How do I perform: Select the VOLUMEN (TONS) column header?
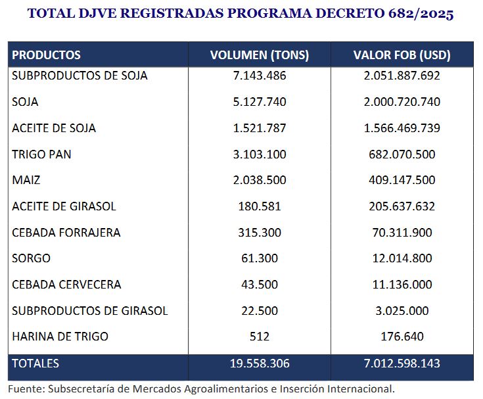[260, 55]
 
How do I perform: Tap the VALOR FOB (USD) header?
[402, 55]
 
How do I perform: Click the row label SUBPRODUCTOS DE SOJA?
[80, 76]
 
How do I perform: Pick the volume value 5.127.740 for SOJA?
[260, 102]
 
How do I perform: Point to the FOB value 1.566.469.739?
[402, 128]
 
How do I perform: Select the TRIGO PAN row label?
[41, 154]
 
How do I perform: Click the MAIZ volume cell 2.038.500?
[260, 180]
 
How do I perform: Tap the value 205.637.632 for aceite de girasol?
[402, 206]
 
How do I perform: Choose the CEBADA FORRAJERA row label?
[66, 233]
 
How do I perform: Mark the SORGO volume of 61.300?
[260, 258]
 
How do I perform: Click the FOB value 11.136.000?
[402, 285]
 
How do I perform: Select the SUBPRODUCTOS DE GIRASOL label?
[90, 310]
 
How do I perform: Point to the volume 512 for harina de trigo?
[260, 337]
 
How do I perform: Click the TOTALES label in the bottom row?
[35, 363]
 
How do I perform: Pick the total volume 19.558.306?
[260, 363]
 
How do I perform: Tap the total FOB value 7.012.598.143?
[402, 363]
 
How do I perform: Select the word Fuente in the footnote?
[25, 388]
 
